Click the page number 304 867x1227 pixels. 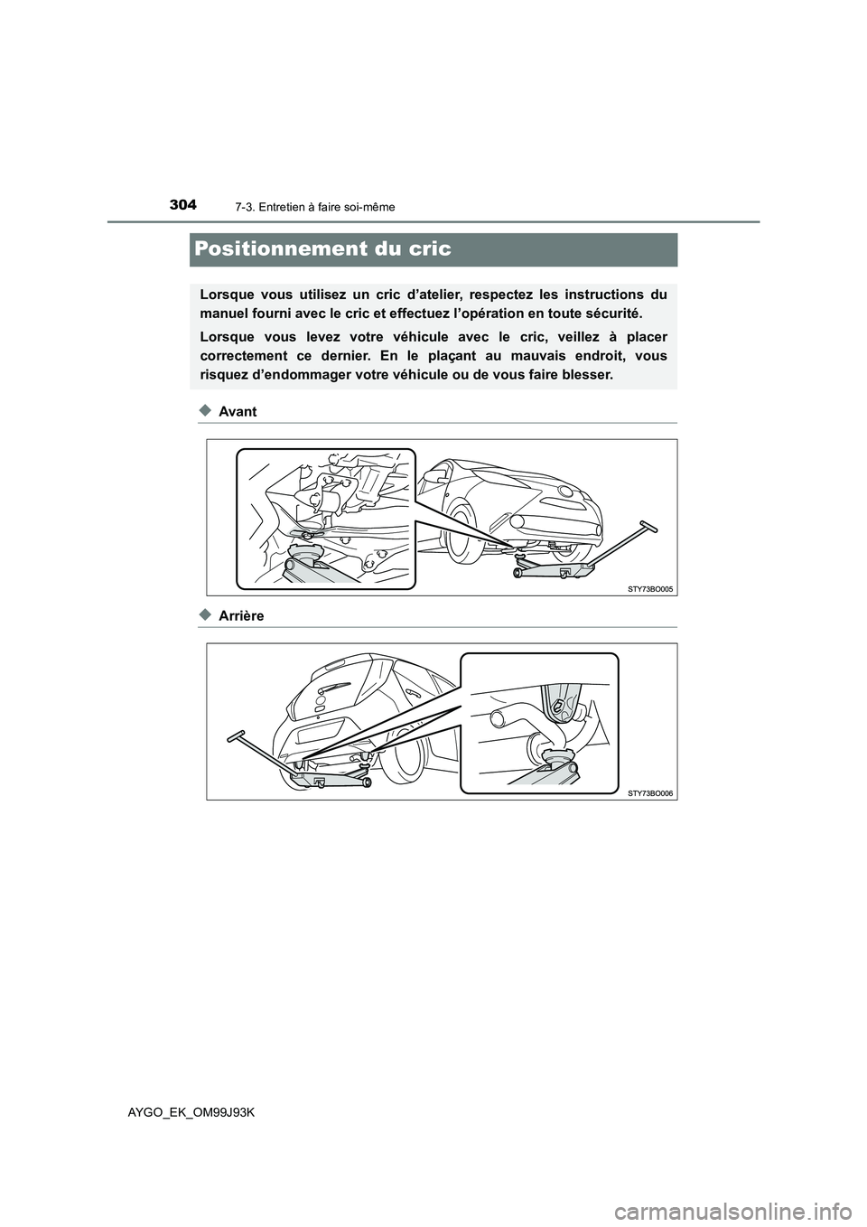pyautogui.click(x=182, y=205)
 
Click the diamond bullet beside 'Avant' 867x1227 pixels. pyautogui.click(x=205, y=411)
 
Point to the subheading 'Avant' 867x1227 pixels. pyautogui.click(x=238, y=412)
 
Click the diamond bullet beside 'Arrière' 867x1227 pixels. pyautogui.click(x=205, y=615)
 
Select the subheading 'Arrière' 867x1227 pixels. pyautogui.click(x=241, y=616)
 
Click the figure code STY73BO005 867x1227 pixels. pyautogui.click(x=649, y=588)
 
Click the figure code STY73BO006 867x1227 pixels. pyautogui.click(x=649, y=792)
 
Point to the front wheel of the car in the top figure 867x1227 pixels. pyautogui.click(x=461, y=523)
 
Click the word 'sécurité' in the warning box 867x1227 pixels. pyautogui.click(x=613, y=314)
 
